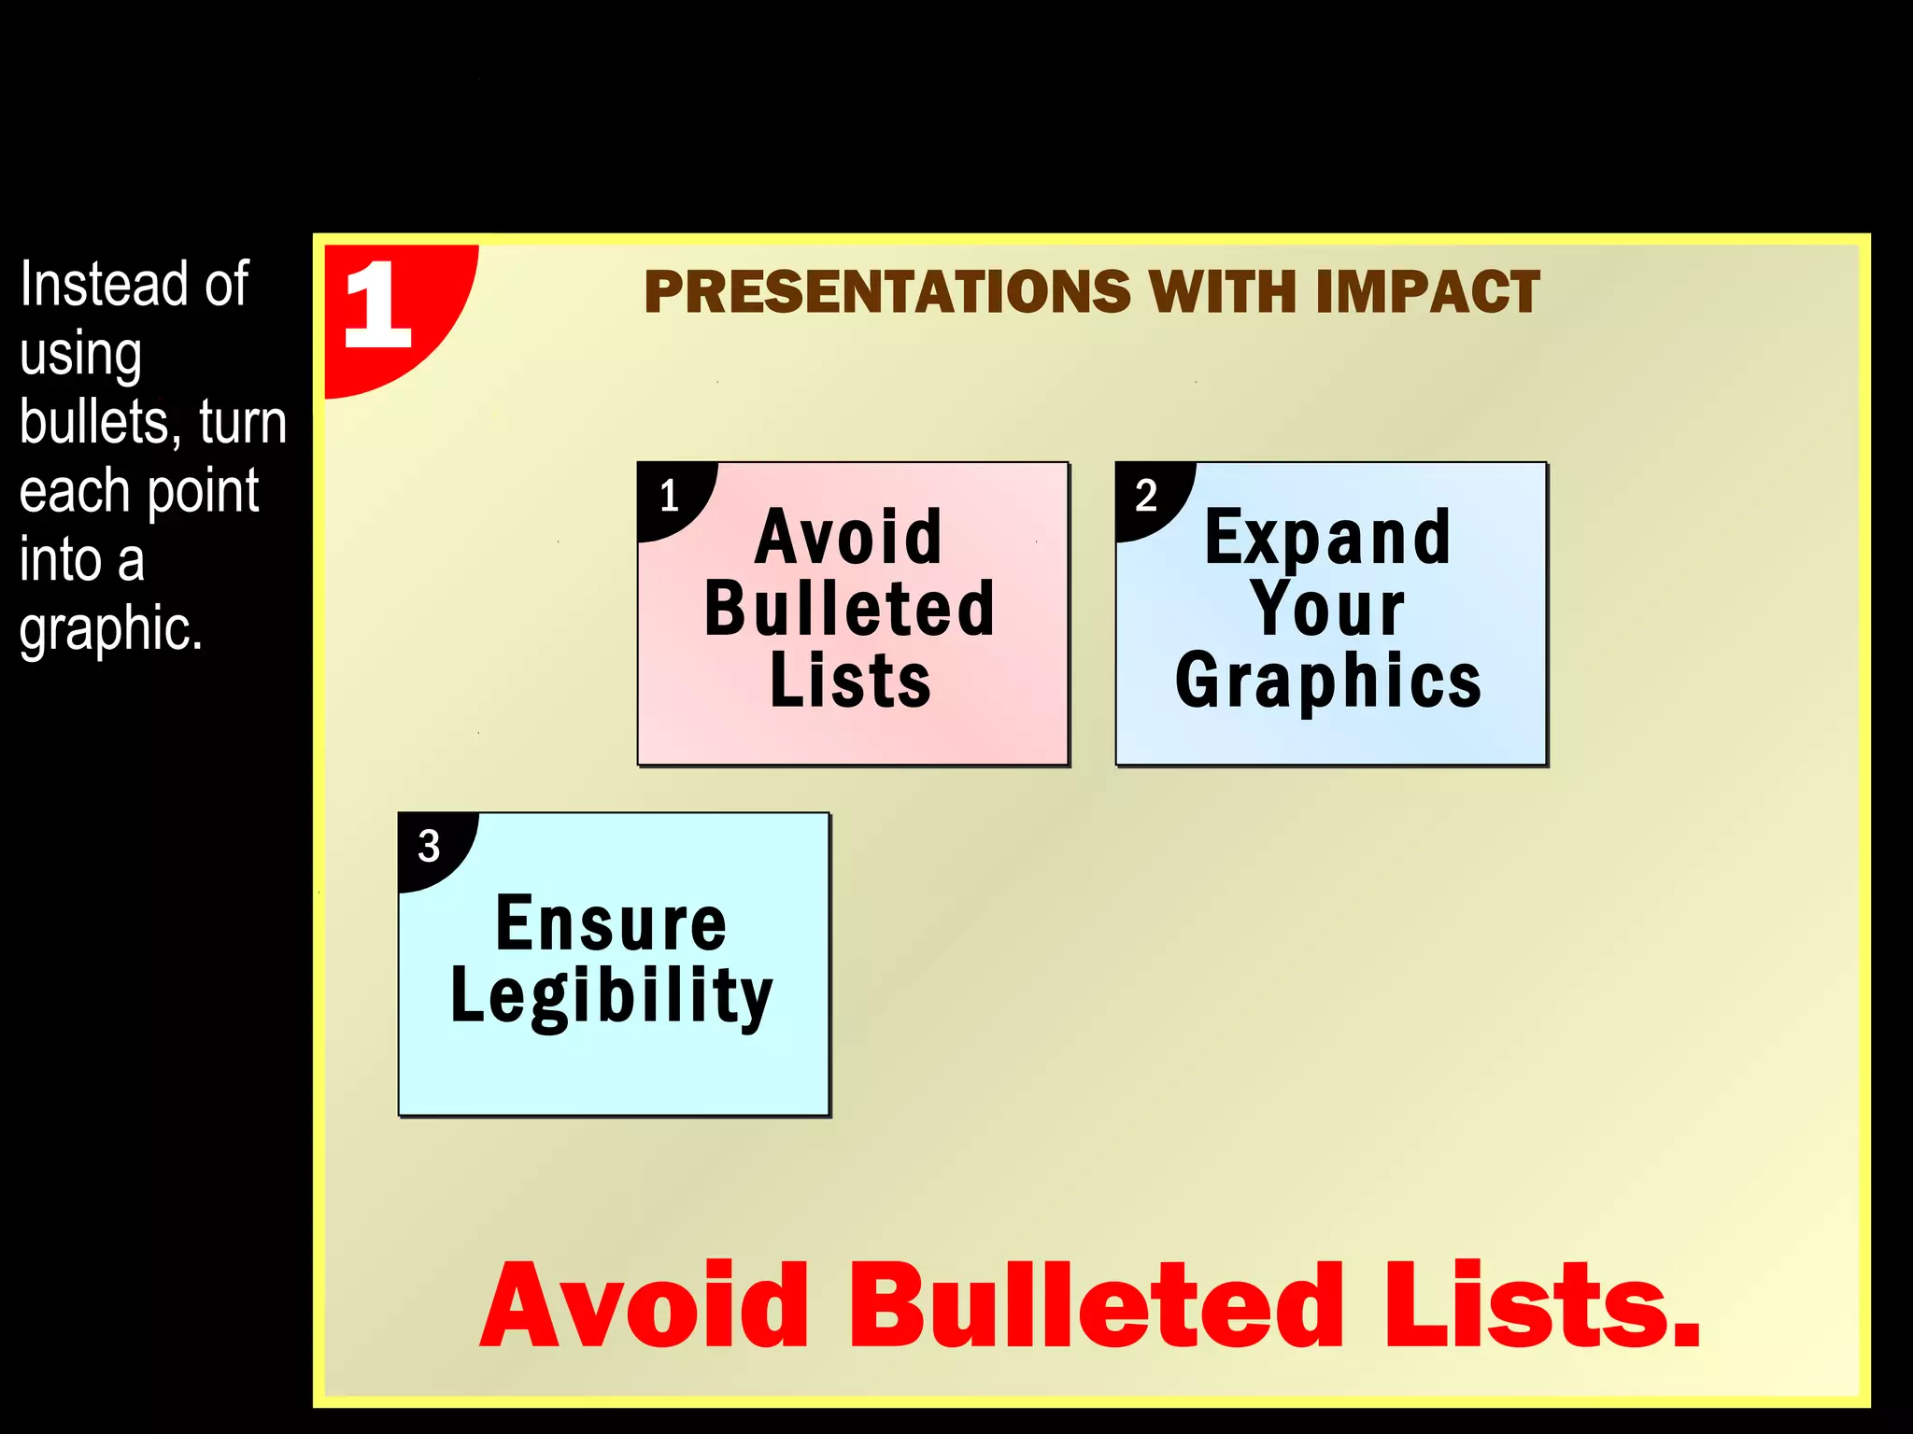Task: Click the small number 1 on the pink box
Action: (x=669, y=496)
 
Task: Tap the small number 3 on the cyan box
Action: (x=429, y=847)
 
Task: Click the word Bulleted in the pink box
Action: (x=850, y=610)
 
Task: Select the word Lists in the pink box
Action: (x=850, y=681)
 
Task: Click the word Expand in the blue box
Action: (x=1327, y=539)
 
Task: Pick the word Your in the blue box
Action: (x=1327, y=610)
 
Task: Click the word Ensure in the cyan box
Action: (x=612, y=924)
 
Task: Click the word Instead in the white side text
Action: (x=91, y=285)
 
